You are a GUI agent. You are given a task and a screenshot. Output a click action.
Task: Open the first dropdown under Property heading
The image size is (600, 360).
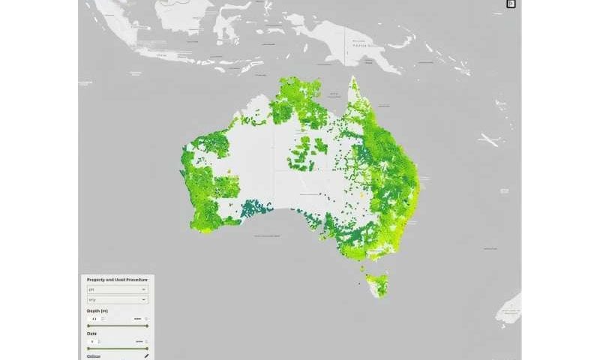[117, 289]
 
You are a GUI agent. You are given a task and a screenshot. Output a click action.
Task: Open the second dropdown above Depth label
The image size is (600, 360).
[117, 299]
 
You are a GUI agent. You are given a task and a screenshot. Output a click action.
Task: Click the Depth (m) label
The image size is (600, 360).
[98, 310]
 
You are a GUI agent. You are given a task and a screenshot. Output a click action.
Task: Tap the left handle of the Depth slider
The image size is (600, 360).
[88, 326]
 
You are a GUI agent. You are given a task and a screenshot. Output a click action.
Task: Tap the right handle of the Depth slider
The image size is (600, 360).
[147, 326]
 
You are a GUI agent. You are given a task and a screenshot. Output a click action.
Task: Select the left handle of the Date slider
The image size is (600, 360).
[88, 349]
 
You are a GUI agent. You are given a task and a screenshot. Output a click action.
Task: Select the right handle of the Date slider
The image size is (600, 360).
[147, 349]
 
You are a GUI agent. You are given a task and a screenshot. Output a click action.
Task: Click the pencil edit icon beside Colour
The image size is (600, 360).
[146, 356]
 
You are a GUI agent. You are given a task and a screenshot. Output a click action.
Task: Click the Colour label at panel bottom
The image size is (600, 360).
[95, 356]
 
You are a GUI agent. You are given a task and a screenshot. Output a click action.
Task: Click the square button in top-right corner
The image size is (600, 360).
[511, 4]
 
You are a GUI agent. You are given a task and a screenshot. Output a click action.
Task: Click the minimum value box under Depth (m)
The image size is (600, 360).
[95, 319]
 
